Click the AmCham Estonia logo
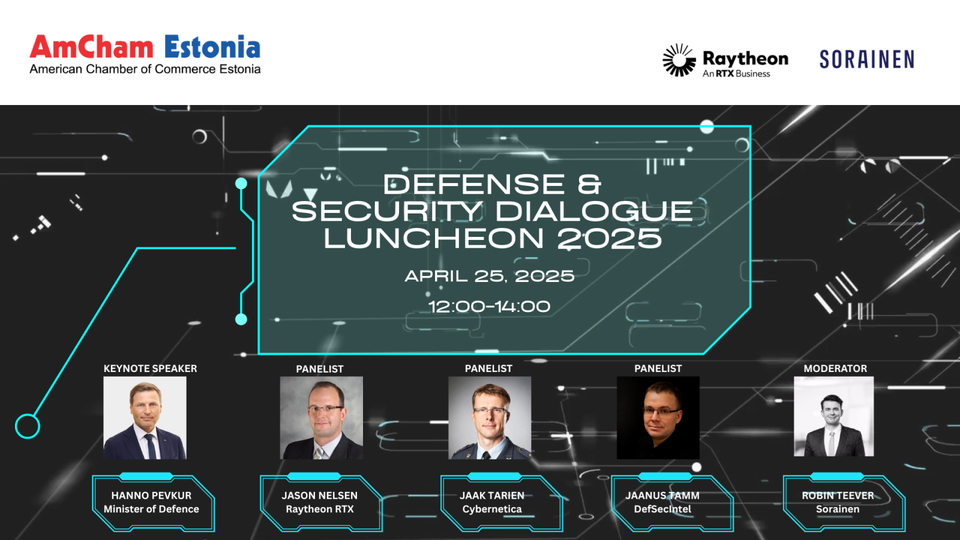tap(145, 55)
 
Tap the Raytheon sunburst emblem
tap(679, 60)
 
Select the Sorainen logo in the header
tap(866, 59)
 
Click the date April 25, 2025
tap(490, 276)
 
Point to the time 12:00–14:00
tap(490, 307)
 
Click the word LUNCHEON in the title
tap(434, 238)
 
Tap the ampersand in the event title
tap(589, 184)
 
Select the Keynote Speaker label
tap(151, 368)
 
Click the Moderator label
tap(835, 368)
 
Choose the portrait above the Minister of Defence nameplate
tap(145, 418)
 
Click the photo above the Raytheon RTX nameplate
tap(322, 418)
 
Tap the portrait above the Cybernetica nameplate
tap(490, 418)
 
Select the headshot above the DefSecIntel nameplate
tap(658, 418)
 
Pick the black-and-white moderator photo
tap(833, 416)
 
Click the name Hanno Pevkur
tap(151, 496)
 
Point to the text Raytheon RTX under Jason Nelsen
tap(320, 509)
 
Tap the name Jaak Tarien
tap(492, 496)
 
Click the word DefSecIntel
tap(662, 509)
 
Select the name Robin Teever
tap(838, 496)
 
